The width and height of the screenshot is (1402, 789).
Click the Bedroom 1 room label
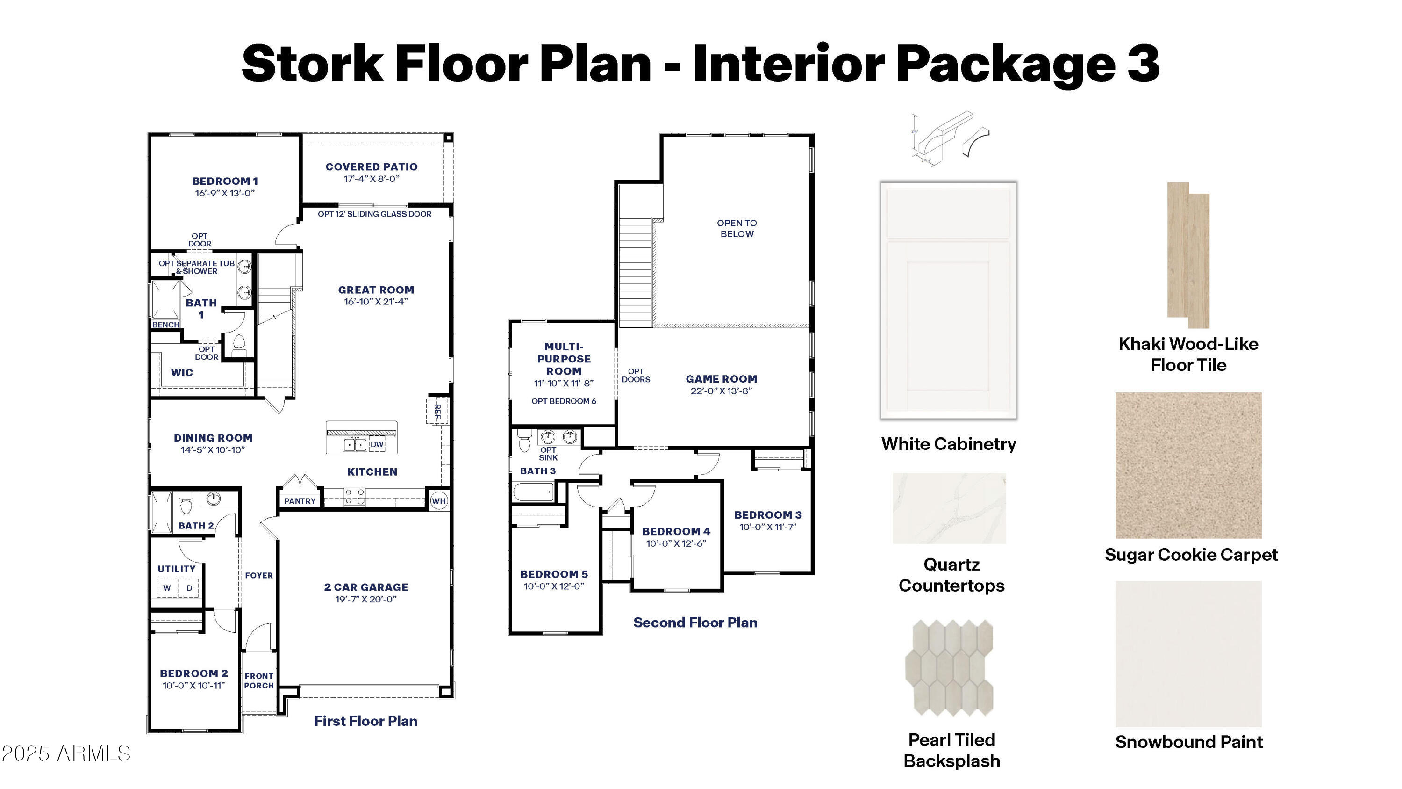coord(225,181)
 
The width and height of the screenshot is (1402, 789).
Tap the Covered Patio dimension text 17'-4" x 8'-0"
coord(372,179)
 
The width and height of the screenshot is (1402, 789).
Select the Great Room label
coord(376,290)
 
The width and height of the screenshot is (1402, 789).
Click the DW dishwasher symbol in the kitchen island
coord(377,444)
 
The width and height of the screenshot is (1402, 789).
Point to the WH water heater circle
coord(439,501)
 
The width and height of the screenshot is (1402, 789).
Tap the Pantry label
coord(300,501)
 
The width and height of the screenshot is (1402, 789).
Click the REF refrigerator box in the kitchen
coord(436,411)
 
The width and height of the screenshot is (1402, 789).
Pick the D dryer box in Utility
coord(189,588)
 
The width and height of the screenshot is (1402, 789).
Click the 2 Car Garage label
coord(366,587)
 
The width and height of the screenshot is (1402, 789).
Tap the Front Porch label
coord(259,680)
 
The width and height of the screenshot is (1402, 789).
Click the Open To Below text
coord(737,228)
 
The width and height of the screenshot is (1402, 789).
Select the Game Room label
coord(721,378)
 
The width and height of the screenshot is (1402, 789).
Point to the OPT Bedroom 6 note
coord(564,401)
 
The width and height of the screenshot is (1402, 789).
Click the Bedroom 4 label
coord(676,531)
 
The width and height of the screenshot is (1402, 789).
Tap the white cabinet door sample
coord(949,300)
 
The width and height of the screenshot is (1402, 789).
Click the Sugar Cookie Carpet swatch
coord(1188,465)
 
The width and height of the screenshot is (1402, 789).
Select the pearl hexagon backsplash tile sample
coord(949,667)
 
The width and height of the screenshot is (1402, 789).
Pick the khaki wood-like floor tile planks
coord(1188,255)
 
